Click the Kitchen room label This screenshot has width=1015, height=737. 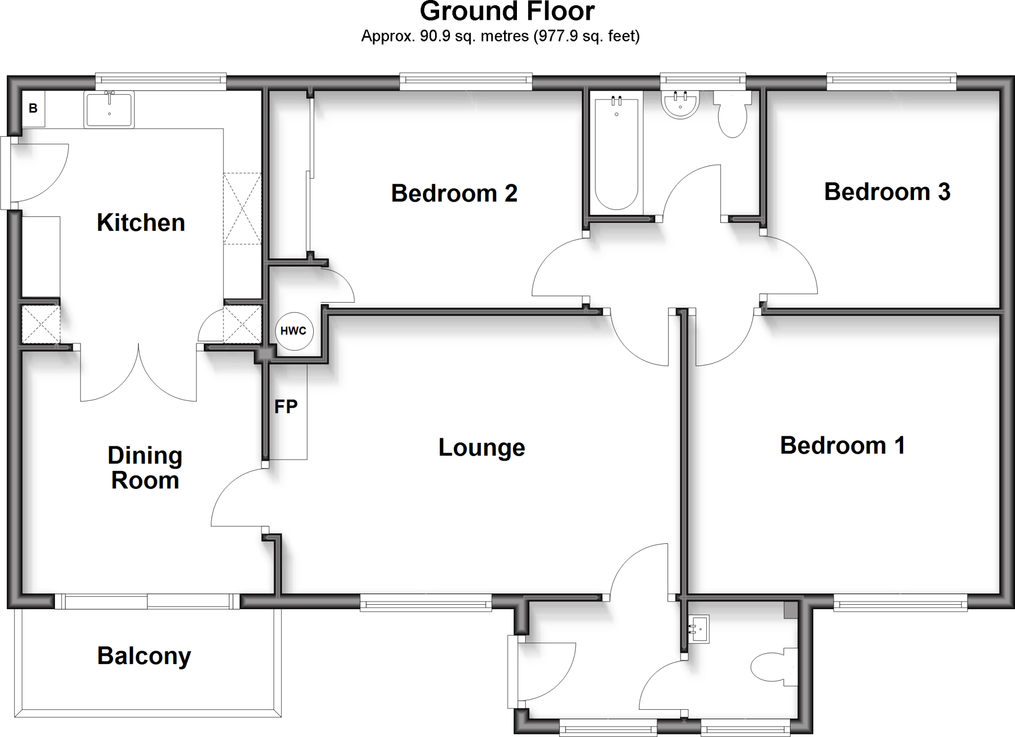tap(141, 222)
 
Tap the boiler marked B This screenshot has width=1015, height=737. tap(33, 108)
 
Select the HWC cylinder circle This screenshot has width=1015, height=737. tap(293, 331)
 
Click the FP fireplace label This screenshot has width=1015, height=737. tap(286, 407)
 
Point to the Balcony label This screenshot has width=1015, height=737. tap(144, 656)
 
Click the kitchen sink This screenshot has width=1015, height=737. tap(109, 110)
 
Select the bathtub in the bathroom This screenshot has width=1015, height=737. tap(616, 154)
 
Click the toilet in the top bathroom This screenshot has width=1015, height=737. tap(732, 116)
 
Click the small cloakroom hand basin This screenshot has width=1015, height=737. tap(699, 629)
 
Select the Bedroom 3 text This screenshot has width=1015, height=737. tap(887, 192)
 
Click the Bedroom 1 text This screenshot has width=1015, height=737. tap(843, 445)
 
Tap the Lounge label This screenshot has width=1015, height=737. tap(481, 447)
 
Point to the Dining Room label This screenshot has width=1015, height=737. tap(145, 468)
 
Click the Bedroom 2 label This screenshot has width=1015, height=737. tap(454, 193)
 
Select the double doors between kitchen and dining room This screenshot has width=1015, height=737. tap(139, 374)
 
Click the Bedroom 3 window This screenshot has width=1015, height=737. tap(891, 81)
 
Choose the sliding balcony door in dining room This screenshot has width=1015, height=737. tap(147, 602)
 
